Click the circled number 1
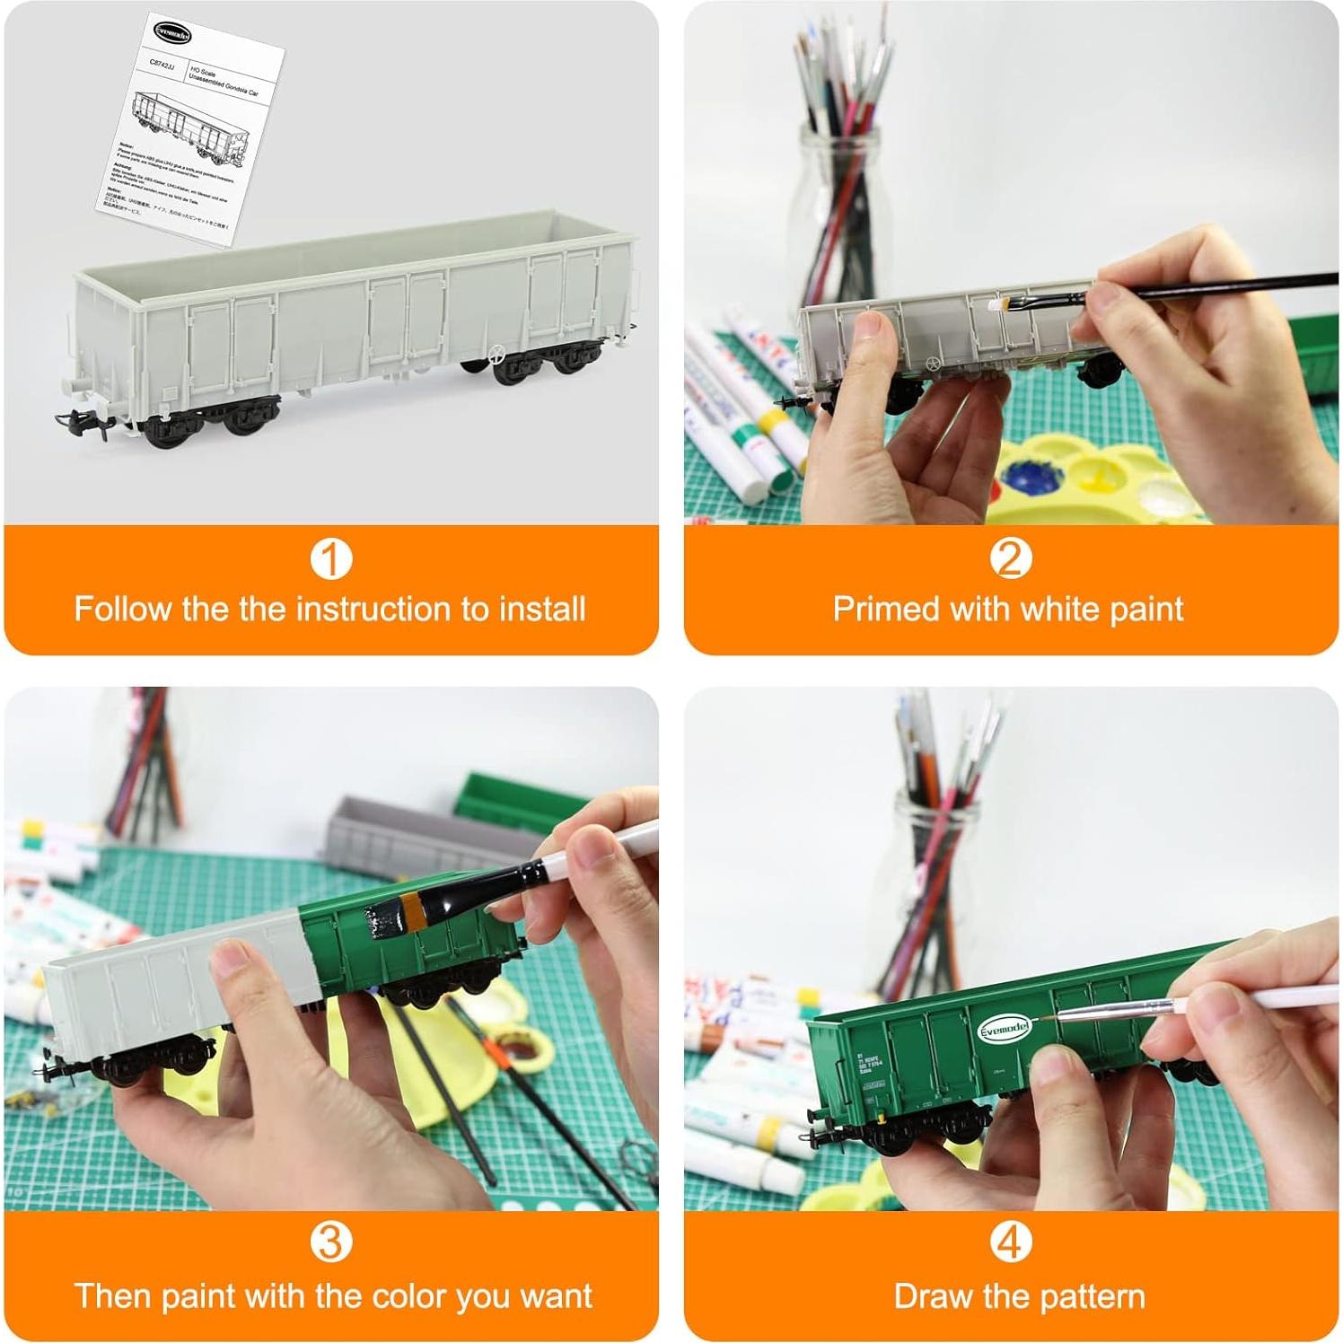[330, 558]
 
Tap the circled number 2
[1010, 558]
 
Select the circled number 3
[330, 1242]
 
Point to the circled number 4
[1010, 1242]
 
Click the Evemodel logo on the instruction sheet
[171, 33]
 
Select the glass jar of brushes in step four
[934, 889]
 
